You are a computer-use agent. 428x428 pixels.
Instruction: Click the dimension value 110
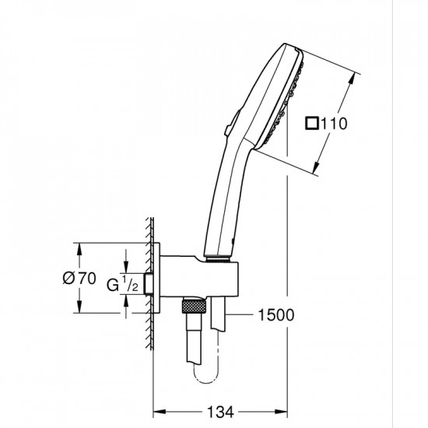pyautogui.click(x=332, y=123)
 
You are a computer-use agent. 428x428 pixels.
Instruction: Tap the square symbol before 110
pyautogui.click(x=311, y=123)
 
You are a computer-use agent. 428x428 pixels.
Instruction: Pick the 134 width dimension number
pyautogui.click(x=220, y=411)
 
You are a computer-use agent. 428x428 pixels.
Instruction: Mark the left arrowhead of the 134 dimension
pyautogui.click(x=156, y=411)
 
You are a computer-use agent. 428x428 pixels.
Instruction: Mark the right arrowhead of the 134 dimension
pyautogui.click(x=285, y=411)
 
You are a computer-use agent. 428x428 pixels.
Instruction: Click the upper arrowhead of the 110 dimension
pyautogui.click(x=360, y=76)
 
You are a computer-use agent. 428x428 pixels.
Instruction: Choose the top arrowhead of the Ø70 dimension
pyautogui.click(x=79, y=247)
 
